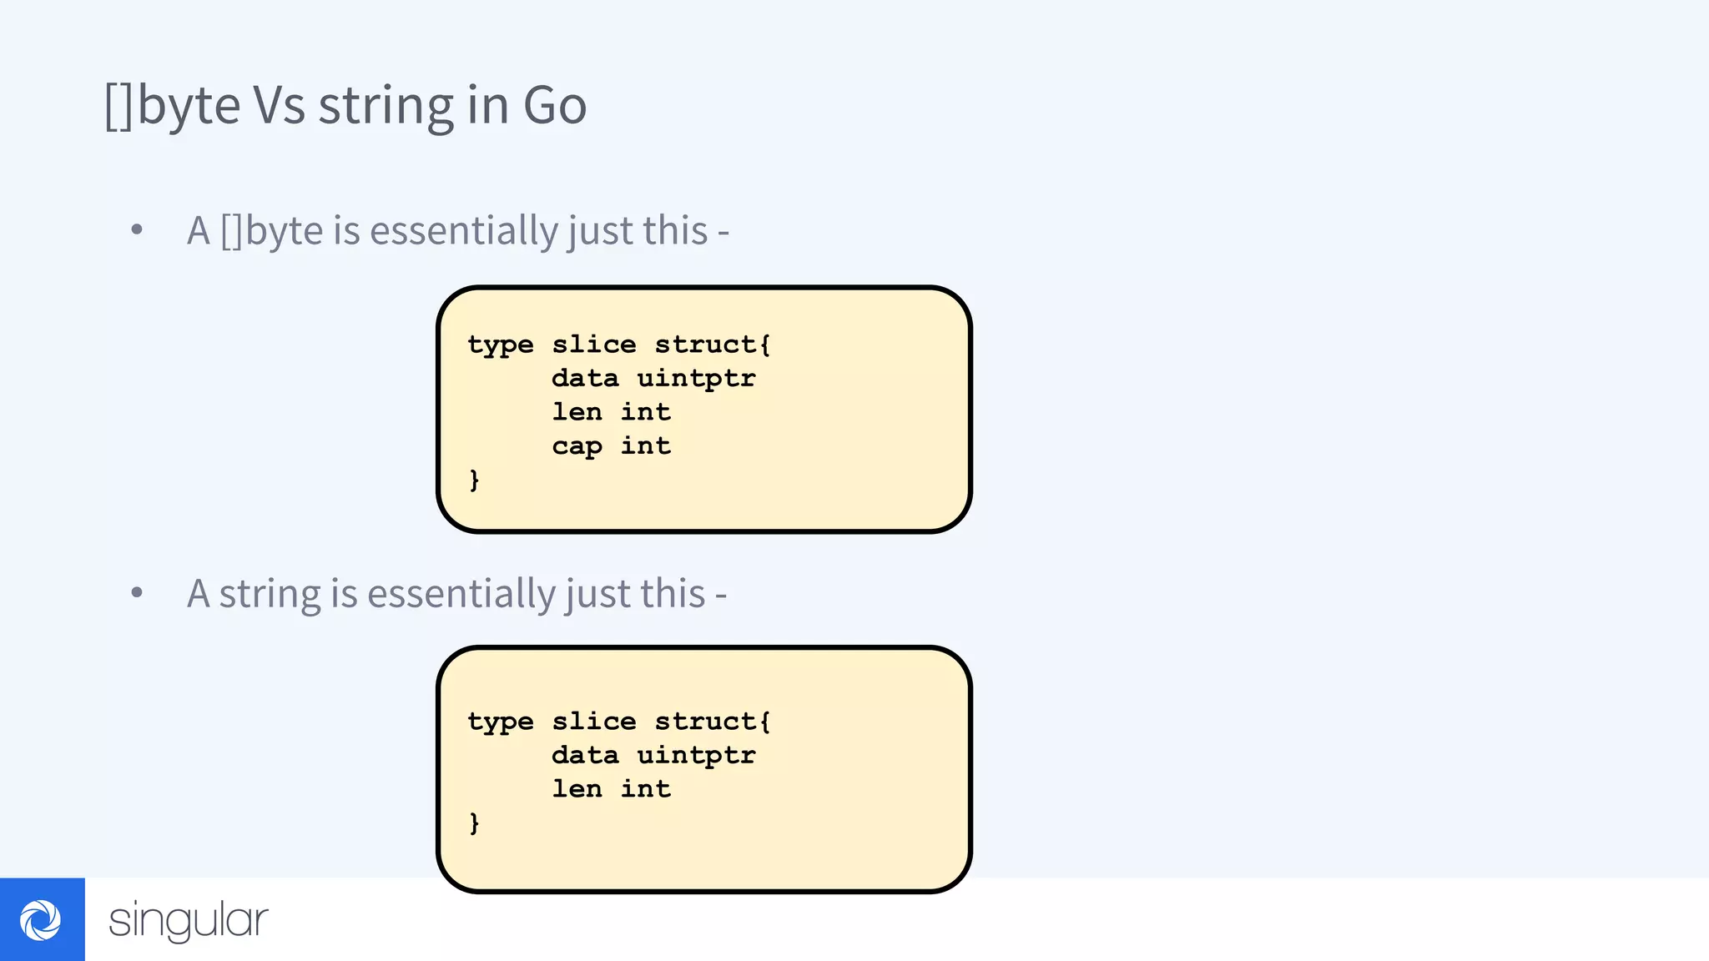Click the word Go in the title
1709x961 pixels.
pyautogui.click(x=555, y=106)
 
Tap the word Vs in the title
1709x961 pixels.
pyautogui.click(x=279, y=106)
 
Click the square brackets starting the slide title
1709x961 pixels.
pyautogui.click(x=118, y=106)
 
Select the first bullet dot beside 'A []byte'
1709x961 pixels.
pyautogui.click(x=137, y=229)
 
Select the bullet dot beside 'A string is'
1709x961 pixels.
pyautogui.click(x=137, y=593)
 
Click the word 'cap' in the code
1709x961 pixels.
pyautogui.click(x=577, y=446)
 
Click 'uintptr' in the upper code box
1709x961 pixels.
pyautogui.click(x=696, y=378)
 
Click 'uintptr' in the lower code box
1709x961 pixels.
pyautogui.click(x=696, y=755)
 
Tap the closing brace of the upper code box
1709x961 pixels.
pyautogui.click(x=474, y=480)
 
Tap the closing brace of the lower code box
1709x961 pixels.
pyautogui.click(x=474, y=823)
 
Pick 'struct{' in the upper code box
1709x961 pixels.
pyautogui.click(x=713, y=344)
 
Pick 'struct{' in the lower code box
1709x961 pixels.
pyautogui.click(x=713, y=721)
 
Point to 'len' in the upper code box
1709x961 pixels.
pyautogui.click(x=577, y=411)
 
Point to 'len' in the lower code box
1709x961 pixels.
pyautogui.click(x=577, y=788)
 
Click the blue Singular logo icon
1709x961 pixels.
pyautogui.click(x=42, y=919)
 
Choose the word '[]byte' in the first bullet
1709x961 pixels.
pyautogui.click(x=271, y=231)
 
